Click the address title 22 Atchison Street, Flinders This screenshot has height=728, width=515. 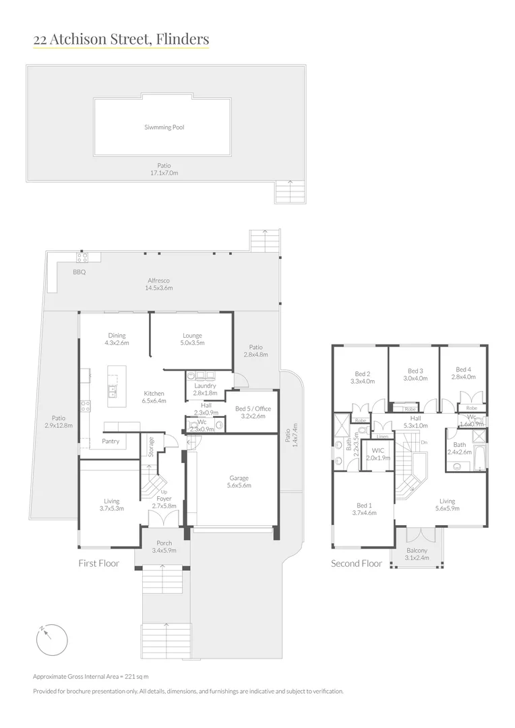pos(121,40)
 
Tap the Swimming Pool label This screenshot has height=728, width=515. pos(164,127)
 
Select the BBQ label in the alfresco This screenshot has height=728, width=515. pos(80,272)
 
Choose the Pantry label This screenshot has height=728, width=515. pos(111,442)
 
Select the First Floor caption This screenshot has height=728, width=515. pos(98,563)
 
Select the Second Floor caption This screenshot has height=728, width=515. pos(356,564)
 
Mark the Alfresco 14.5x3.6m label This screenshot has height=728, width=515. pos(159,284)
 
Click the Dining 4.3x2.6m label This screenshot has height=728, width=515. pos(117,339)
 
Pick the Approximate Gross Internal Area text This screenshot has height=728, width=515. pos(90,676)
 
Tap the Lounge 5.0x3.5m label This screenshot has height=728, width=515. pos(192,339)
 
